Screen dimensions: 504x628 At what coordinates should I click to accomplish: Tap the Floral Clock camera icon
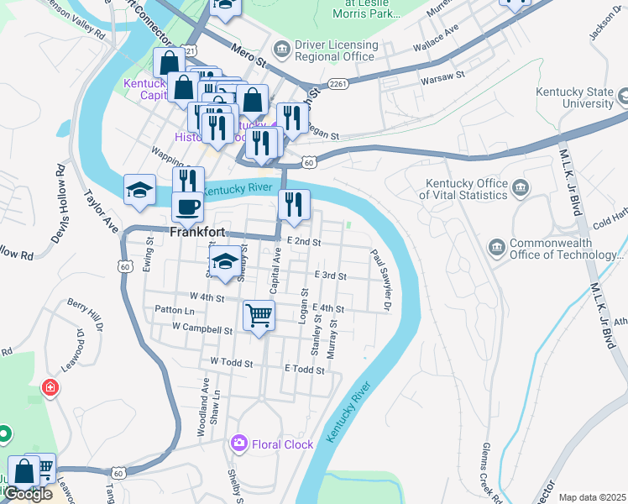(x=239, y=443)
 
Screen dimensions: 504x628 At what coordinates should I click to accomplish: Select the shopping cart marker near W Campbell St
(x=259, y=316)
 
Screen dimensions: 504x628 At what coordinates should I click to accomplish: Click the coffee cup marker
(x=187, y=206)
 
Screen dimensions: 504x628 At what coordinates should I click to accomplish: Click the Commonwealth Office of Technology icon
(x=495, y=248)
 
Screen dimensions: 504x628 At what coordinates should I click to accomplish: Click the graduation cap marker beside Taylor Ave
(x=139, y=189)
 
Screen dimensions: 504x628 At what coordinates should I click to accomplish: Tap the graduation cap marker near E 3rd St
(x=224, y=260)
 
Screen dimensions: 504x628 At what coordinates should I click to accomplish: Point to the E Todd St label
(x=304, y=369)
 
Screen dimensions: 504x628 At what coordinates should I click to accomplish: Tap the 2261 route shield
(x=338, y=82)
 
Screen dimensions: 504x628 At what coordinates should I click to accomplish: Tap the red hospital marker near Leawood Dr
(x=50, y=387)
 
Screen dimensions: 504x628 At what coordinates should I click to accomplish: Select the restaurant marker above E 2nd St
(x=294, y=204)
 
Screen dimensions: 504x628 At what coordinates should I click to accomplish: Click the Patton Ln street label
(x=175, y=310)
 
